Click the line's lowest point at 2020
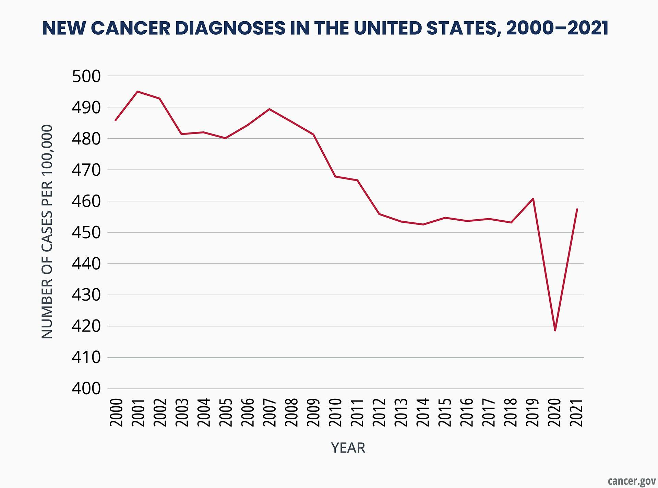[555, 330]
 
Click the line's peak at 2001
[137, 91]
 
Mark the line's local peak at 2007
[269, 109]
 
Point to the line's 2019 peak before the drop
[533, 199]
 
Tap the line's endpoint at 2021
[577, 209]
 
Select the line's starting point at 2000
[115, 120]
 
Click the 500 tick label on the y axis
[86, 76]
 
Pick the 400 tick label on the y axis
[86, 389]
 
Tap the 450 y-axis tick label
[86, 232]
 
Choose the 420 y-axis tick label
[86, 326]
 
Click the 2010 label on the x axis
[335, 412]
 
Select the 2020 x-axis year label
[555, 412]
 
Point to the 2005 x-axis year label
[225, 412]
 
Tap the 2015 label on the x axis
[445, 412]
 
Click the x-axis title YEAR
[348, 448]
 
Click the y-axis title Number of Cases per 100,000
[47, 232]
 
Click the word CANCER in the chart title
[131, 28]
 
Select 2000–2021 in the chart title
[557, 28]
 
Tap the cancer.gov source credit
[631, 481]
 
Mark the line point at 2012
[379, 214]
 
